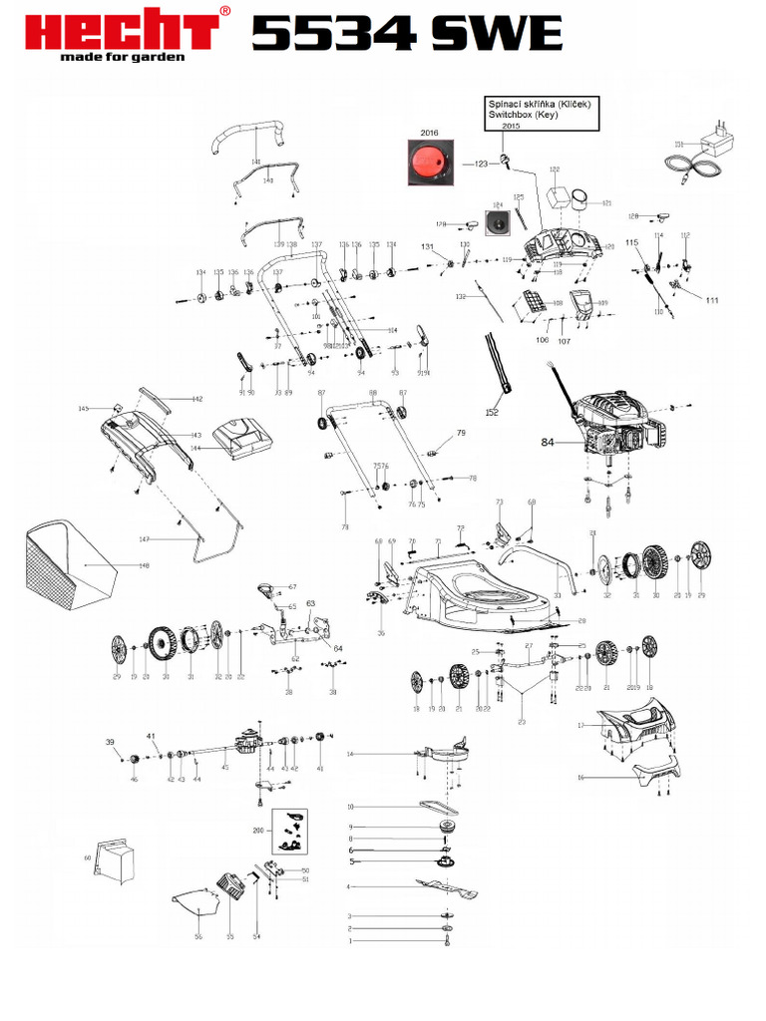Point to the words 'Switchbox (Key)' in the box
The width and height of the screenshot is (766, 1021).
pyautogui.click(x=522, y=115)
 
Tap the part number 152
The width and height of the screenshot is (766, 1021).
pyautogui.click(x=492, y=412)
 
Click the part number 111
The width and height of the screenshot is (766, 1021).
pyautogui.click(x=711, y=300)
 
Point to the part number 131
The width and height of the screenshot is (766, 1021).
pyautogui.click(x=427, y=246)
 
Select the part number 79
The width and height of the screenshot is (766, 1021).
pyautogui.click(x=461, y=433)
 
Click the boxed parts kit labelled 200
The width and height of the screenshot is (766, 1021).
pyautogui.click(x=289, y=832)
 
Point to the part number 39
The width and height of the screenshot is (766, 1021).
pyautogui.click(x=111, y=742)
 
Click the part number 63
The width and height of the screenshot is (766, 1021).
pyautogui.click(x=310, y=603)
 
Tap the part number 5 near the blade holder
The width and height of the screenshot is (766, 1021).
pyautogui.click(x=350, y=861)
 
